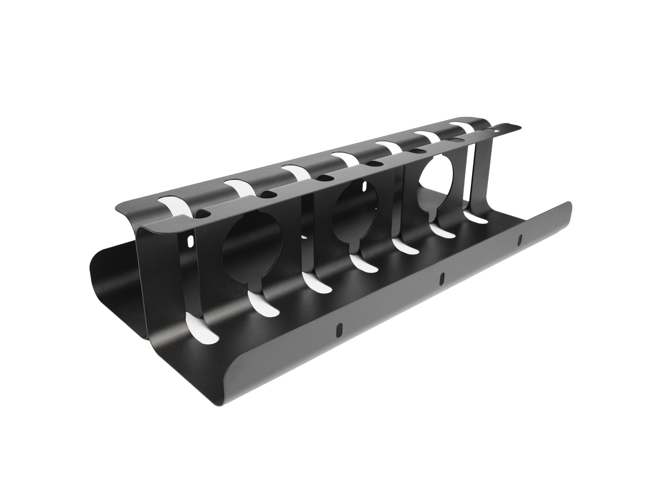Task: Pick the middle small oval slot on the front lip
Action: [x=441, y=279]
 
